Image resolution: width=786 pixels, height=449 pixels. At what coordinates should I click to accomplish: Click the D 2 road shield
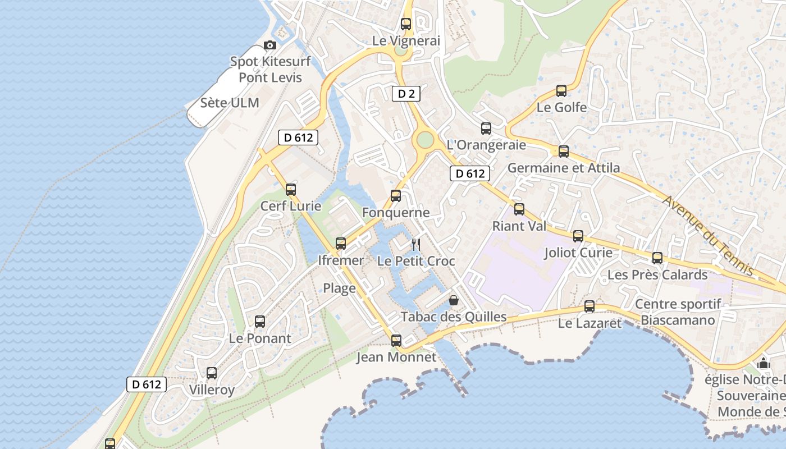point(406,94)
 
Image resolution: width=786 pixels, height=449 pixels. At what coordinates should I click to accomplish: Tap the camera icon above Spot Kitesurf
point(270,45)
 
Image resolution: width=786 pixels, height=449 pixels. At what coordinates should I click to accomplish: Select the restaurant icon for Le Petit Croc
point(416,244)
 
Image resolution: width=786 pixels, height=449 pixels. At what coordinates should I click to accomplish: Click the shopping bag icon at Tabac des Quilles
point(453,300)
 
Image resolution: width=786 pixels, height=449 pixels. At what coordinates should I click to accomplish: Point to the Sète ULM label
point(230,103)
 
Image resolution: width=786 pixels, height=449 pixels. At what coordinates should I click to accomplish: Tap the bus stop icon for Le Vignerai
point(406,24)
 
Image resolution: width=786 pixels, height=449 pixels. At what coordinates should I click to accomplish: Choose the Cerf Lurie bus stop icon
point(290,190)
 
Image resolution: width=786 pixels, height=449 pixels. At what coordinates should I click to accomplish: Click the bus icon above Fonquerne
point(396,196)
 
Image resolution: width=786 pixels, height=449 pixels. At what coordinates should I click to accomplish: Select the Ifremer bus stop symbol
point(341,244)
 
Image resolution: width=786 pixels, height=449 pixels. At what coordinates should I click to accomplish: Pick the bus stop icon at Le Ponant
point(260,322)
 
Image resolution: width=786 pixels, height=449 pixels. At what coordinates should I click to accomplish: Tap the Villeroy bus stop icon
point(212,373)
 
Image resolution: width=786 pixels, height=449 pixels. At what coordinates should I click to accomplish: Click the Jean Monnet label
point(396,357)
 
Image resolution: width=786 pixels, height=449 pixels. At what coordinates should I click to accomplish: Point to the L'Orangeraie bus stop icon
point(486,129)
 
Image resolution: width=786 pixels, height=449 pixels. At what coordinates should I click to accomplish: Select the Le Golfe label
point(561,107)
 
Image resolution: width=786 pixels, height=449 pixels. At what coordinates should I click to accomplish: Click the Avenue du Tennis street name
point(709,236)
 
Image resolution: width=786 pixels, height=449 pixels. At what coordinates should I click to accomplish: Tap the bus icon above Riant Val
point(519,209)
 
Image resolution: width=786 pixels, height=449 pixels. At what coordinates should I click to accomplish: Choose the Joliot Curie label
point(578,253)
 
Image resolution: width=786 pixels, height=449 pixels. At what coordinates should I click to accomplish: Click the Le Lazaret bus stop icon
point(589,306)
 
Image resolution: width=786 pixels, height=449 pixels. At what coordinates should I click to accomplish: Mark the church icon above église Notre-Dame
point(764,364)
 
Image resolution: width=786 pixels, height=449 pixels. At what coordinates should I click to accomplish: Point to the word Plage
point(339,288)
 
